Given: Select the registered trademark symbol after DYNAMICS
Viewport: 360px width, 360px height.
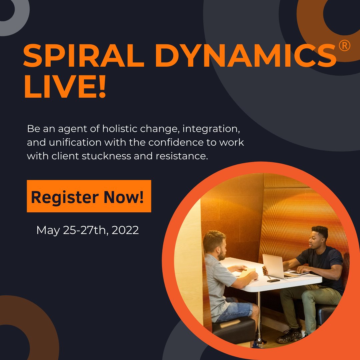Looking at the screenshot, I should (x=344, y=47).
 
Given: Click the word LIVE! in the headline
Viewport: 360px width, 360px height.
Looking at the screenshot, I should (x=65, y=87).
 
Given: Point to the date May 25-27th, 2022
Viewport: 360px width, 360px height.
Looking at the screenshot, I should (x=87, y=230).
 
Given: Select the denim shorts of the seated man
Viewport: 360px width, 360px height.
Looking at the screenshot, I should (x=235, y=310).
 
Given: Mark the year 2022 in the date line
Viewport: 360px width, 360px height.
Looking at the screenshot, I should (x=125, y=230).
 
